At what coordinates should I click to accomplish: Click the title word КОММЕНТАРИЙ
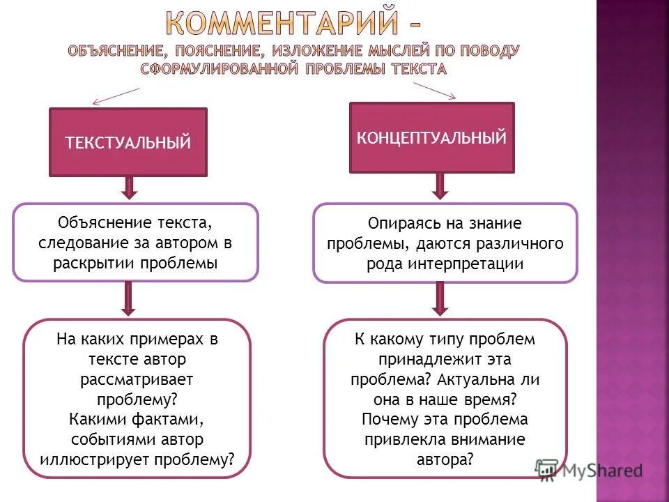tap(283, 24)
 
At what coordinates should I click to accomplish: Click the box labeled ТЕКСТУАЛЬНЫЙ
tap(128, 142)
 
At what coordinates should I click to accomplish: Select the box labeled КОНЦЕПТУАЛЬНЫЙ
tap(431, 137)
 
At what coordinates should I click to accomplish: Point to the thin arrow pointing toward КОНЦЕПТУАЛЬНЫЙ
tap(435, 90)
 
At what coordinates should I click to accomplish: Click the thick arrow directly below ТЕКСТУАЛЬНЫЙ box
tap(128, 187)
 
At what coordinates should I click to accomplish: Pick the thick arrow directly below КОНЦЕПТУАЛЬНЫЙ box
tap(440, 185)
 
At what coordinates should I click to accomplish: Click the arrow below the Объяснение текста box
tap(128, 298)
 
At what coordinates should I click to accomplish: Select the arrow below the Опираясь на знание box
tap(440, 298)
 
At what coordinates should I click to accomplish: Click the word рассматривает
tap(137, 379)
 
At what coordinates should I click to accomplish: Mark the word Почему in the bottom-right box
tap(389, 420)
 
